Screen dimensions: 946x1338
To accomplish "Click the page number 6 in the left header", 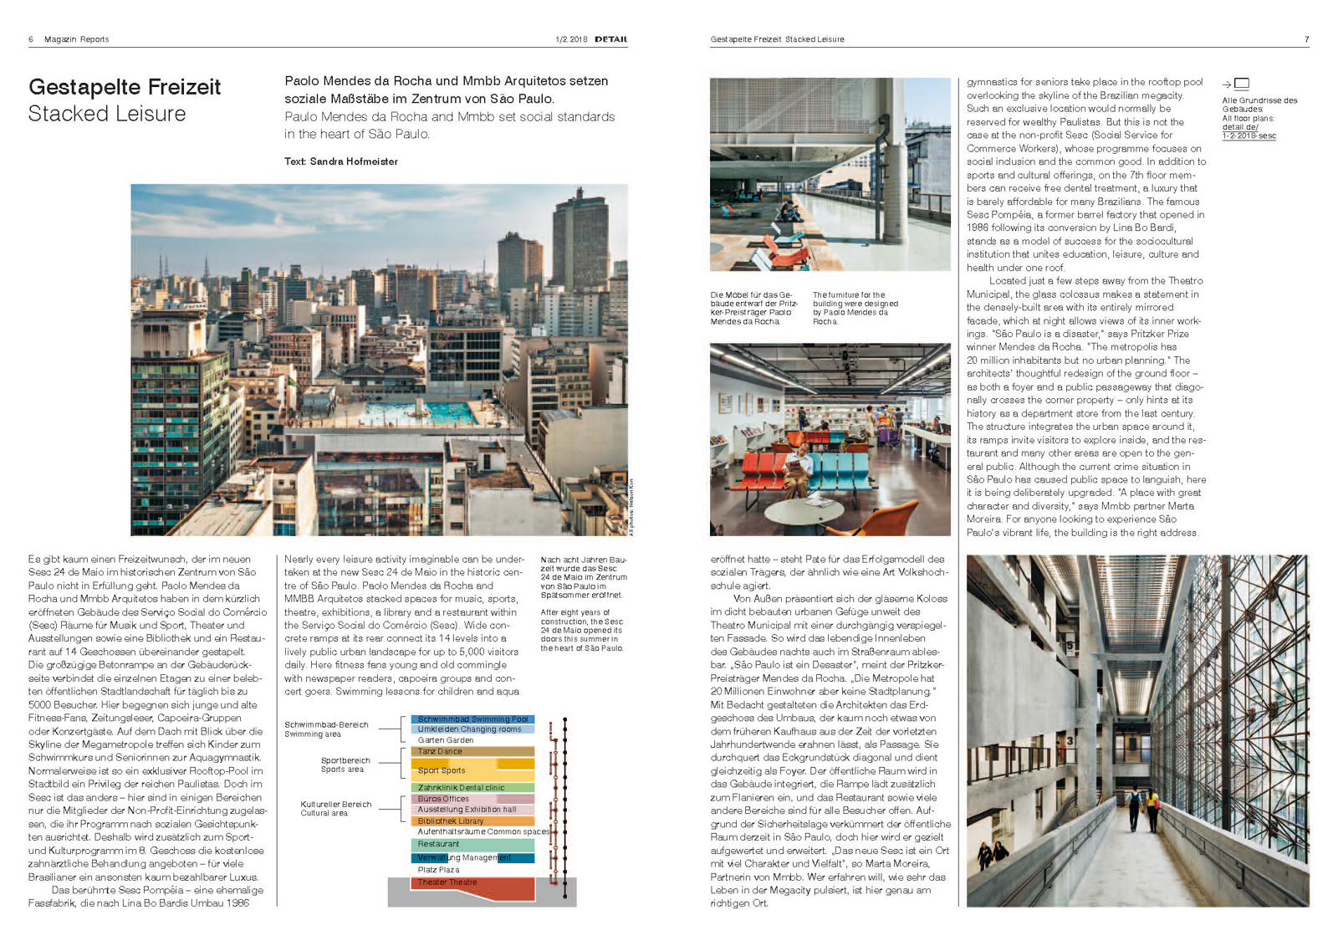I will tap(31, 39).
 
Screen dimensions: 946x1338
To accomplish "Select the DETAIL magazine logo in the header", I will tap(610, 39).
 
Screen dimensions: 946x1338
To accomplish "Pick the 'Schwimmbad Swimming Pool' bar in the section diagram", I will tap(472, 719).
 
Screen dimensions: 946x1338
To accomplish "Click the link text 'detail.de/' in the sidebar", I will tap(1239, 127).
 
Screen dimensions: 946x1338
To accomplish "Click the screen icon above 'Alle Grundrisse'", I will tap(1242, 84).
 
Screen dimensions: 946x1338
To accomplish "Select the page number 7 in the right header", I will tap(1306, 39).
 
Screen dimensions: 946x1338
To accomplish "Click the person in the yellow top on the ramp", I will tap(1152, 808).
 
